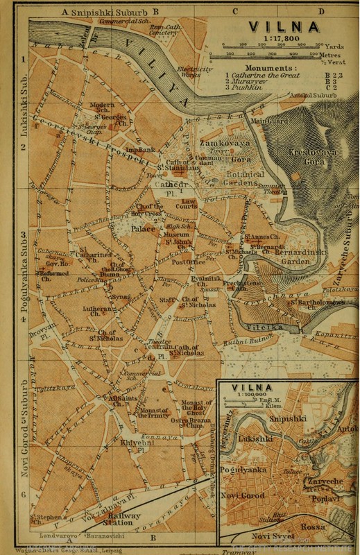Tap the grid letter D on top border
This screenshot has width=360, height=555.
tap(321, 11)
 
